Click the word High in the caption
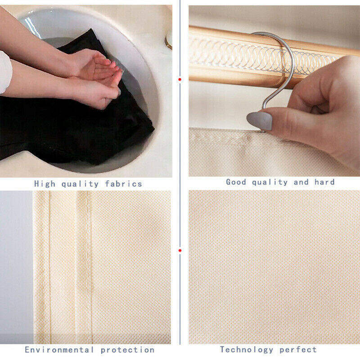pyautogui.click(x=45, y=184)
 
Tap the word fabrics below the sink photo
pyautogui.click(x=123, y=184)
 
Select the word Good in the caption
pyautogui.click(x=236, y=182)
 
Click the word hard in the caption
pyautogui.click(x=324, y=182)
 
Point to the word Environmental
pyautogui.click(x=59, y=350)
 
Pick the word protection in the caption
pyautogui.click(x=127, y=350)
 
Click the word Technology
pyautogui.click(x=247, y=350)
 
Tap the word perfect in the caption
pyautogui.click(x=298, y=350)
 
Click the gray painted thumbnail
pyautogui.click(x=260, y=121)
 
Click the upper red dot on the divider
pyautogui.click(x=180, y=80)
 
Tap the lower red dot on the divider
pyautogui.click(x=180, y=250)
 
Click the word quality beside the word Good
pyautogui.click(x=270, y=182)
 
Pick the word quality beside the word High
pyautogui.click(x=80, y=184)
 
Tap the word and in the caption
pyautogui.click(x=301, y=182)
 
